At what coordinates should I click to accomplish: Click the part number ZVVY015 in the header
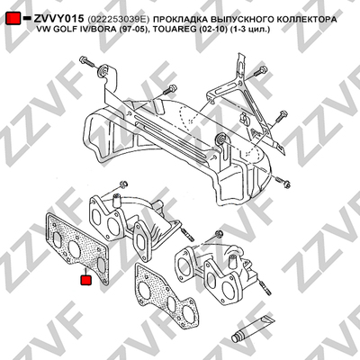[58, 19]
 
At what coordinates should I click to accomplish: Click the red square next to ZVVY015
[13, 19]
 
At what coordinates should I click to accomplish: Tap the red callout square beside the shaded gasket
[86, 280]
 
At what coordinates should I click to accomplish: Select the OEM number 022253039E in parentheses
[118, 20]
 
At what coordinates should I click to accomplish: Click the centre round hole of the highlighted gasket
[75, 247]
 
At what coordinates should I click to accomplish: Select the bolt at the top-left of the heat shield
[87, 61]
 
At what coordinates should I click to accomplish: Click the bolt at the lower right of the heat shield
[283, 182]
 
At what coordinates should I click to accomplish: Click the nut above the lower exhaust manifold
[220, 234]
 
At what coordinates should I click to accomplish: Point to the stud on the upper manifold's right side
[186, 234]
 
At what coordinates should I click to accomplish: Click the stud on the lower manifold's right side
[265, 287]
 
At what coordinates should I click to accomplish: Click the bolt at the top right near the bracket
[260, 71]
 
